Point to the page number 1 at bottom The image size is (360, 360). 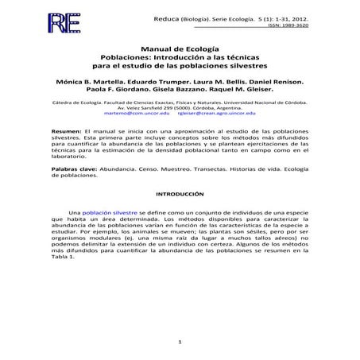(x=180, y=342)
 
